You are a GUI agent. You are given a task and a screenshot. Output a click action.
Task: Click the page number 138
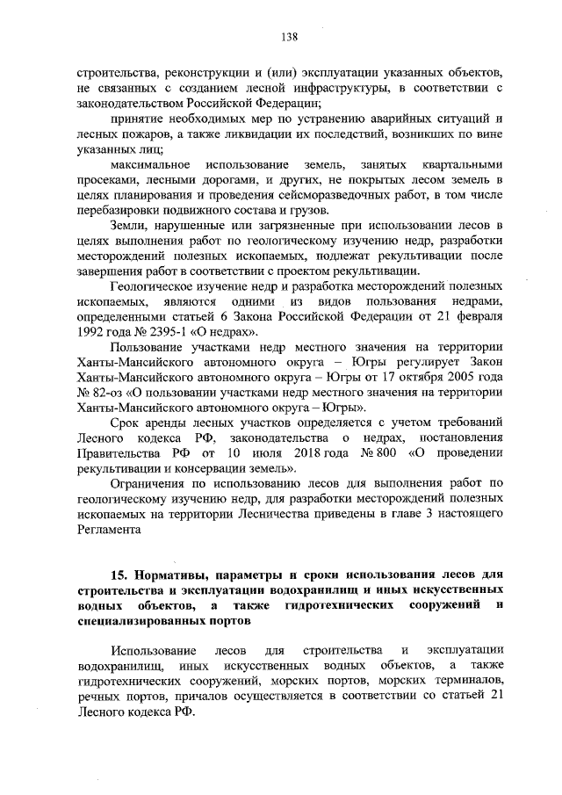290,37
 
